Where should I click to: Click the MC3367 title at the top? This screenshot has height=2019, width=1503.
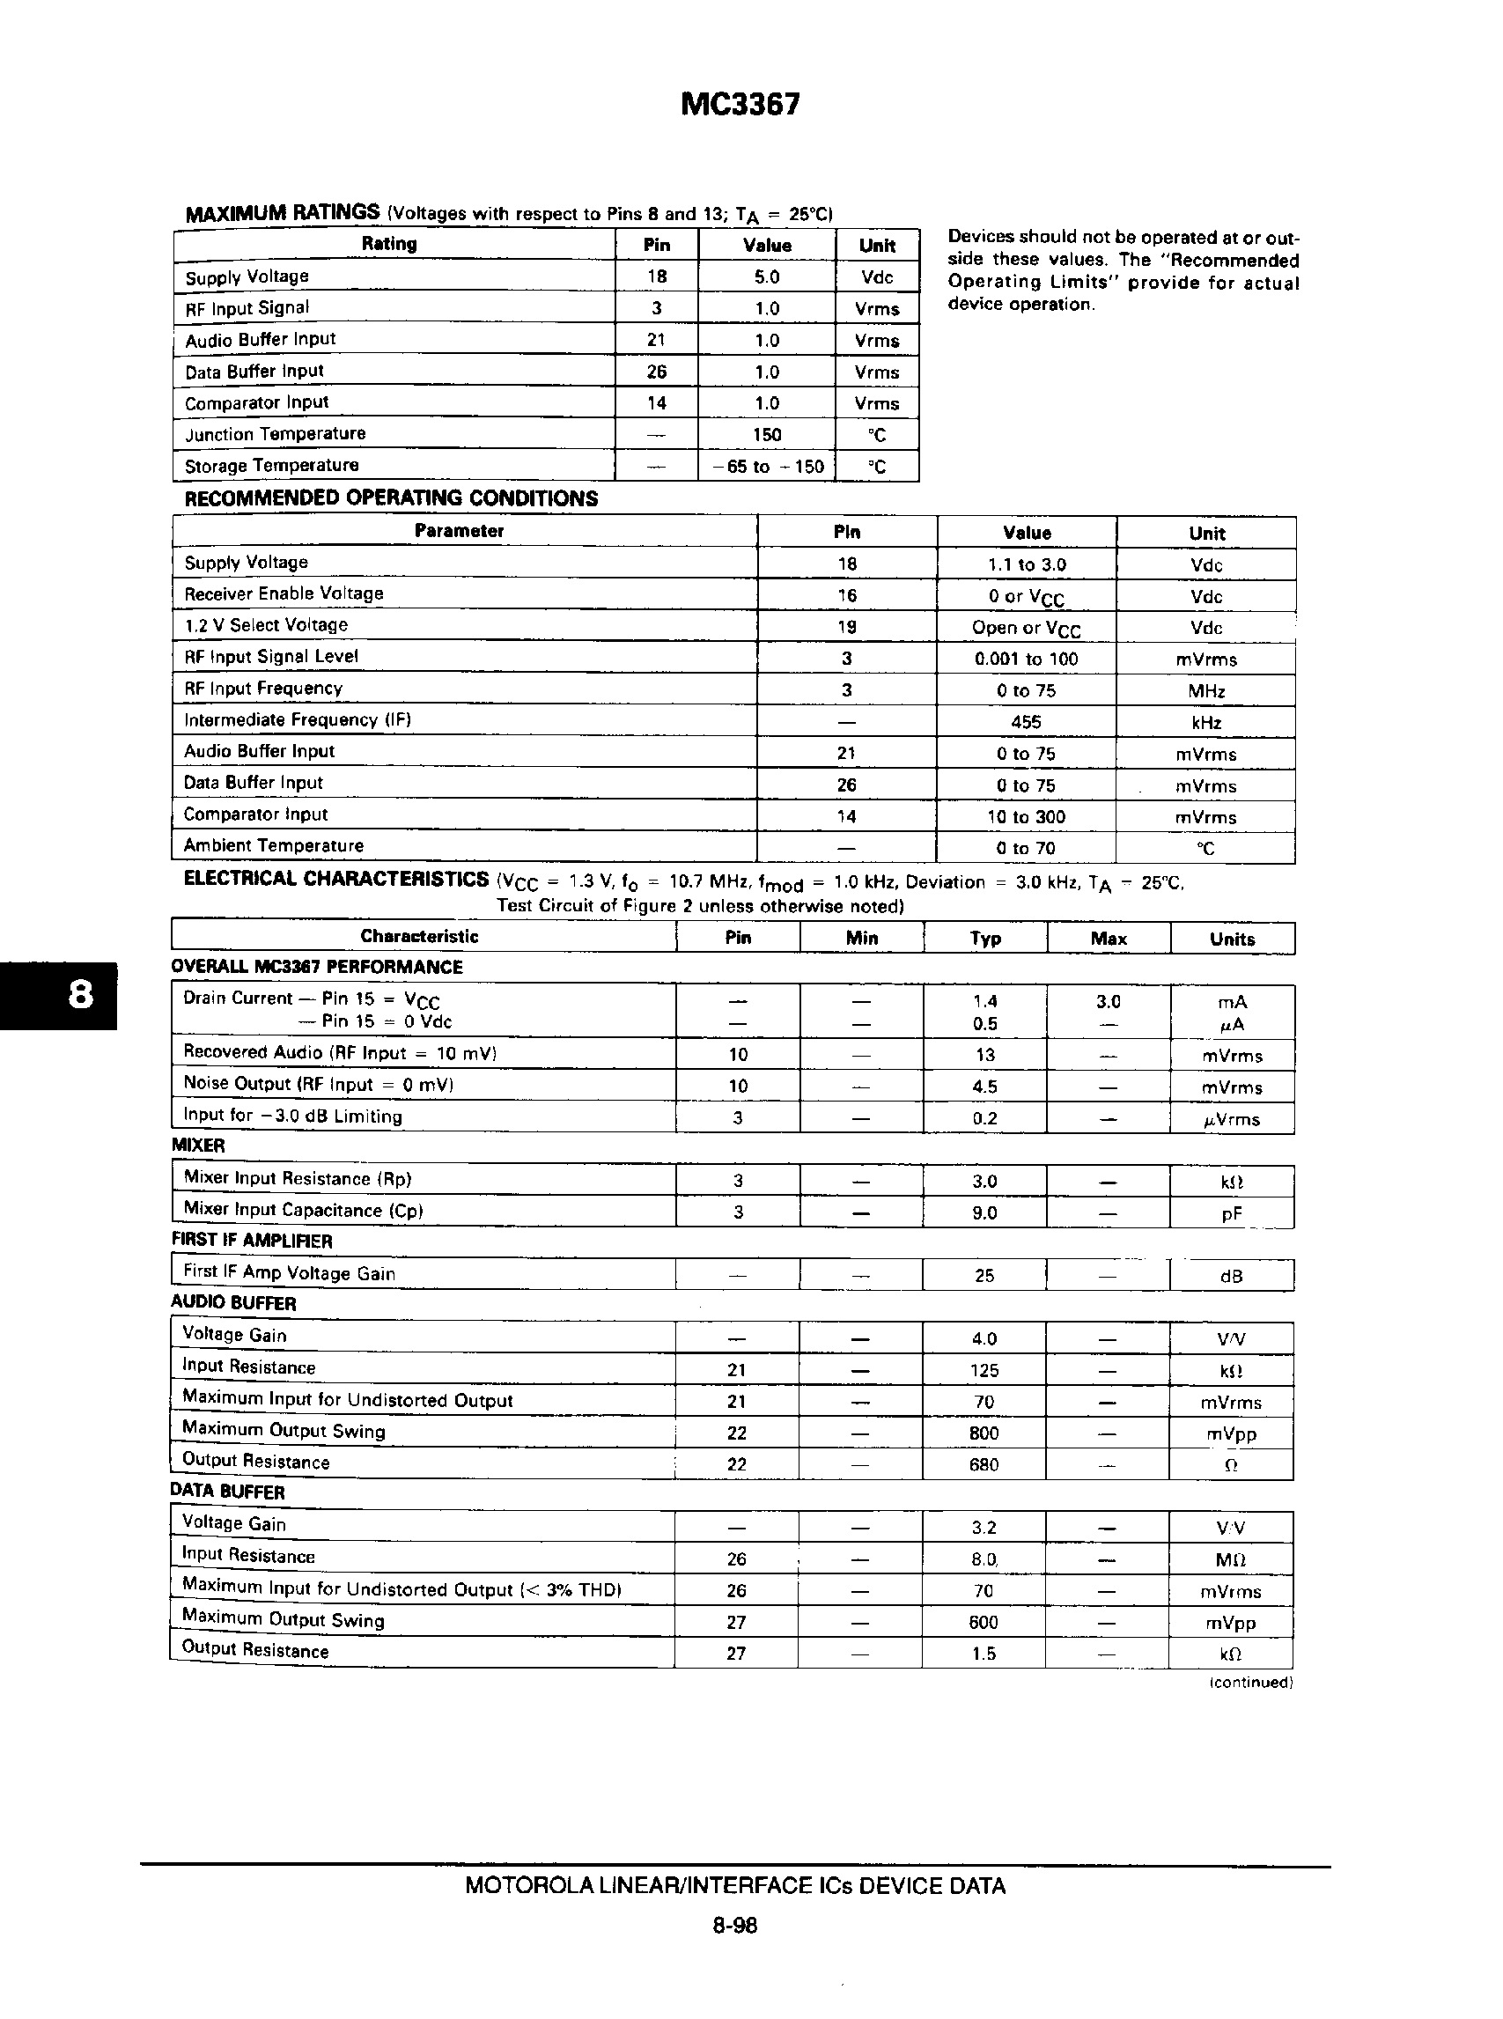click(740, 105)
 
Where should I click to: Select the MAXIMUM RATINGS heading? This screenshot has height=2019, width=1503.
click(282, 213)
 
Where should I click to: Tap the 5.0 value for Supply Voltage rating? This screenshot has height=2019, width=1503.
click(767, 276)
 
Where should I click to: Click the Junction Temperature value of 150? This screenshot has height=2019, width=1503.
click(767, 435)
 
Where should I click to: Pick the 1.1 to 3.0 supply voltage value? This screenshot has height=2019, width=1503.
click(1027, 564)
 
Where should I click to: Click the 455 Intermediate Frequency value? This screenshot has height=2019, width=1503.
click(1027, 722)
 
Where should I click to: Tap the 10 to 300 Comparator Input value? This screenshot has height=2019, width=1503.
click(1027, 817)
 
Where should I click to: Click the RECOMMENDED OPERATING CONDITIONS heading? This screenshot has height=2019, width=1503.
click(391, 498)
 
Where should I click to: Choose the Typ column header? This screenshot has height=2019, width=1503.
click(985, 939)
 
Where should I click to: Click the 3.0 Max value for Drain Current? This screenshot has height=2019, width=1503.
click(1109, 1002)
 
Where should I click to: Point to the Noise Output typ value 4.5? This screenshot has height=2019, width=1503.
click(985, 1087)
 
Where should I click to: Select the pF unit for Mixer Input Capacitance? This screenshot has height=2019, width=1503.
click(1232, 1213)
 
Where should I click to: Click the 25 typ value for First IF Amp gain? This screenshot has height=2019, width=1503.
click(985, 1276)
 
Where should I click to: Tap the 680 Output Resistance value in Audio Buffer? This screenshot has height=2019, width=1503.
click(984, 1465)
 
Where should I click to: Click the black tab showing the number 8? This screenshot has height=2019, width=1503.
click(80, 994)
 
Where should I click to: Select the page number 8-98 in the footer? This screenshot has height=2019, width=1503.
click(735, 1926)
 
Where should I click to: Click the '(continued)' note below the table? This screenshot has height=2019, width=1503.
click(1251, 1683)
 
